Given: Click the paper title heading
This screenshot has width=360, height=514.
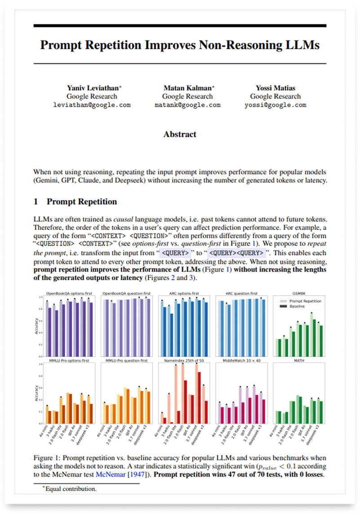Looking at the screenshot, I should pos(180,45).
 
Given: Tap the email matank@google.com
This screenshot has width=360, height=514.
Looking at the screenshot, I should pos(187,105).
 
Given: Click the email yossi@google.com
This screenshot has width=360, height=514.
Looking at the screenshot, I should pos(275,105).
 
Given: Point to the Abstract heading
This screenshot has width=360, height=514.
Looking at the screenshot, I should pos(180,134).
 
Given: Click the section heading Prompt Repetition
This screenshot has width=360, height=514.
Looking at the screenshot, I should pos(81,201).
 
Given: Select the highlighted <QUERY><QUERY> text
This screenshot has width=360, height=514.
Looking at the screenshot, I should pos(236,253).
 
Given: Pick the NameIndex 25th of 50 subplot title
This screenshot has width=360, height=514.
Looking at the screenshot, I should pos(185,360).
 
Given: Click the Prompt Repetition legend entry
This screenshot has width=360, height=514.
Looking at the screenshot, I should pos(306,300).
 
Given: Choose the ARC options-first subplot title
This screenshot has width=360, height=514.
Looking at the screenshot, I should pos(185,293).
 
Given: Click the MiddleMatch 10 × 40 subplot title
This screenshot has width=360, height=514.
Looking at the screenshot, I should pos(241,360).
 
